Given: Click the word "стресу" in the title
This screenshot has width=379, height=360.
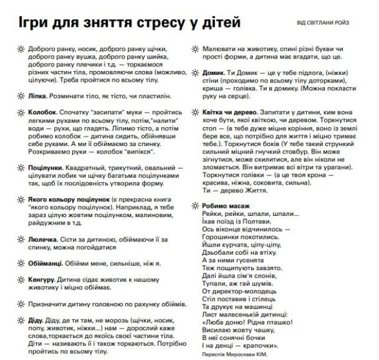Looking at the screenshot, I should point(154,22).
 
